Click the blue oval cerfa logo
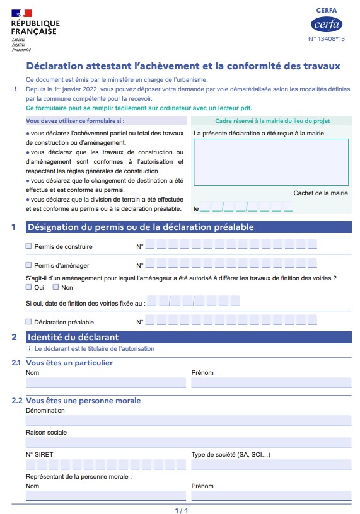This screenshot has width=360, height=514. coord(327,25)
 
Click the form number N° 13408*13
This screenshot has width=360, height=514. coord(327,39)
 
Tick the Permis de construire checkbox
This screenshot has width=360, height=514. coord(29,246)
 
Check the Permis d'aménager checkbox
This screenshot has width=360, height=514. coord(29,265)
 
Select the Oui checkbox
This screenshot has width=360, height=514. coord(29,287)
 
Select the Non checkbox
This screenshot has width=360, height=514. coord(55,287)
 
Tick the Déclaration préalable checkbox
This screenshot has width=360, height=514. coord(29,322)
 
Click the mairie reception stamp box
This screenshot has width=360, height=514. coord(271,162)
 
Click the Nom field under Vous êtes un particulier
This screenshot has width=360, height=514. coord(105,382)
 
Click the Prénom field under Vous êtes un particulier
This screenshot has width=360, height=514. coord(271,382)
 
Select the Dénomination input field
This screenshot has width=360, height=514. coord(188,420)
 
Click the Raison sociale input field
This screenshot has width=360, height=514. coord(188,442)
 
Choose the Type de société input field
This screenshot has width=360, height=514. coord(271,465)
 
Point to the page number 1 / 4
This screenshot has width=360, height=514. coord(181,510)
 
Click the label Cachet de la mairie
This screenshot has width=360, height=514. coord(320,193)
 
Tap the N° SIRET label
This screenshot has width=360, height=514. coord(38,454)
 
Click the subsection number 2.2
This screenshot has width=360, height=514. coord(16,401)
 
